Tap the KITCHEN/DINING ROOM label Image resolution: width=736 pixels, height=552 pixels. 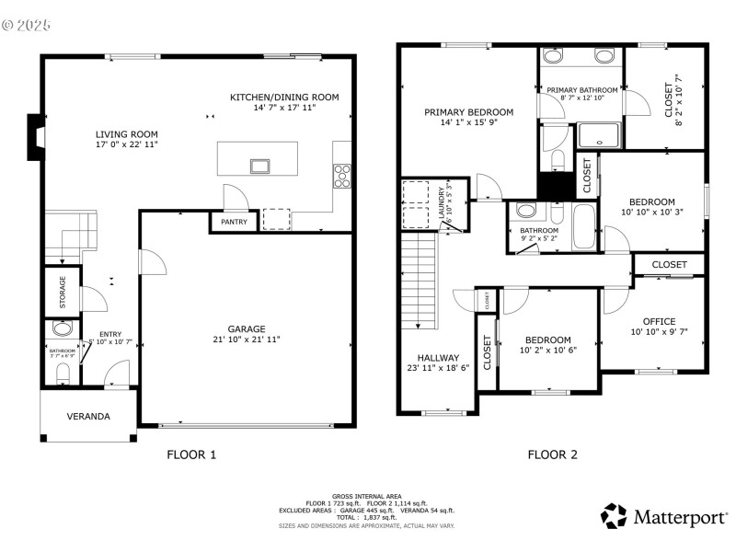point(284,97)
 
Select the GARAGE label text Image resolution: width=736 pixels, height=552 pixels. point(247,328)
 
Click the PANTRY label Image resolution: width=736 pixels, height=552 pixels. point(233,223)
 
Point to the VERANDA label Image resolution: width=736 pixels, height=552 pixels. point(88,416)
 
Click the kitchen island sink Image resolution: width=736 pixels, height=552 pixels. point(259,167)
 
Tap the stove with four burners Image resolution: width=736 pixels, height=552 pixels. point(341,175)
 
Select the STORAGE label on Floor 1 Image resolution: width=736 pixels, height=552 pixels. point(63,292)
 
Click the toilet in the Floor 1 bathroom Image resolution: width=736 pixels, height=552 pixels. point(63,373)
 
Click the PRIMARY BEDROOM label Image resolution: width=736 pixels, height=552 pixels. point(468,112)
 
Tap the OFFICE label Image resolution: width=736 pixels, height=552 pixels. point(659,321)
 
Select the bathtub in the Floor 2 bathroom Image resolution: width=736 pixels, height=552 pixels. point(584,226)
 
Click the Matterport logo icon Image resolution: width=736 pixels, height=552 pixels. point(614,516)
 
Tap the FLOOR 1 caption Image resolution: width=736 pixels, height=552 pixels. point(191,454)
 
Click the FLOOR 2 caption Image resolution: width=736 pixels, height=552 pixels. point(552,454)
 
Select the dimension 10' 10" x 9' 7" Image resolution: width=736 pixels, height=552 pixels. point(659,332)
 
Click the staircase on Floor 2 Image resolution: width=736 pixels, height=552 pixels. point(419,281)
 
